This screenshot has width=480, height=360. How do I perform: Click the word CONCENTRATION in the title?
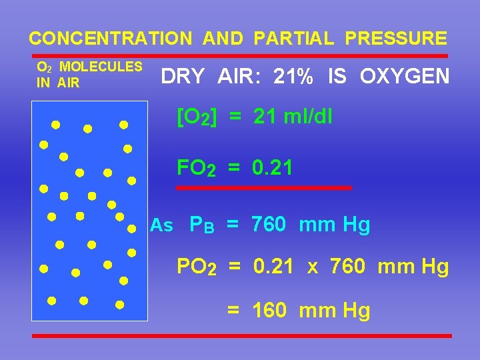[x=110, y=38]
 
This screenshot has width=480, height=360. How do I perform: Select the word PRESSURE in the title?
[x=396, y=38]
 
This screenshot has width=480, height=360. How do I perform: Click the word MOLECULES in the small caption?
[x=101, y=67]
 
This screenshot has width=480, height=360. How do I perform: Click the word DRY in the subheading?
[x=183, y=77]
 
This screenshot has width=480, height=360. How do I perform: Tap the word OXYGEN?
[x=405, y=77]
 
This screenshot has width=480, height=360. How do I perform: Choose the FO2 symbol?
[x=196, y=168]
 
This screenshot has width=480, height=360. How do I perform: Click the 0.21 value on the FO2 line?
[x=272, y=168]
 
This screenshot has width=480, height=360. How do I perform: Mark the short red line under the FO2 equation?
[x=264, y=188]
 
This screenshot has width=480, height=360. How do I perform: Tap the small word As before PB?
[x=161, y=225]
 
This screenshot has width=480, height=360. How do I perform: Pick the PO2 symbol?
[x=196, y=267]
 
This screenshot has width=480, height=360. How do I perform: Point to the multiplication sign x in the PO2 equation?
[x=313, y=267]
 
